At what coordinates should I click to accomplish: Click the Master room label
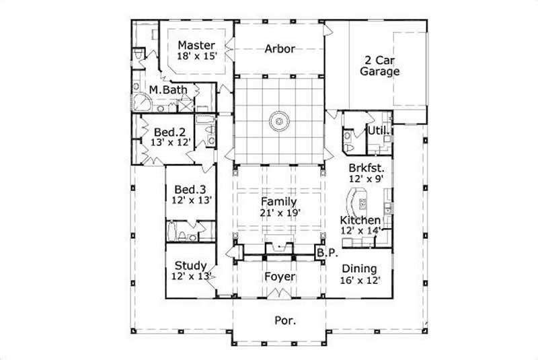click(196, 45)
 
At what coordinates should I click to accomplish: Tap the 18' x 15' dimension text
click(196, 57)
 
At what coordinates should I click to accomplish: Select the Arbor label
click(280, 48)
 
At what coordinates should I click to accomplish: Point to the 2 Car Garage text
click(380, 65)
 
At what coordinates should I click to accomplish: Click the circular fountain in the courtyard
click(279, 122)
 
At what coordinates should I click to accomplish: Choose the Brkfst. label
click(367, 168)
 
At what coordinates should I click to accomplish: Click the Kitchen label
click(360, 220)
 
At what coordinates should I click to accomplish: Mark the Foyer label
click(279, 277)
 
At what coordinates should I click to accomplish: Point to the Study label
click(190, 265)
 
